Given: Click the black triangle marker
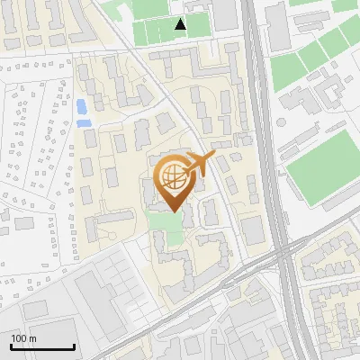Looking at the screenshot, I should (181, 24).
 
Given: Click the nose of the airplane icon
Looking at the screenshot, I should (213, 157).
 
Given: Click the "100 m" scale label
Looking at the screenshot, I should (23, 338).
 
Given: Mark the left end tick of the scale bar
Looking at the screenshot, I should (11, 346).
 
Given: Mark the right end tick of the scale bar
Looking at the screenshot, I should (74, 346).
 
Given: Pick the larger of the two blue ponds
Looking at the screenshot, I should (83, 106).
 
